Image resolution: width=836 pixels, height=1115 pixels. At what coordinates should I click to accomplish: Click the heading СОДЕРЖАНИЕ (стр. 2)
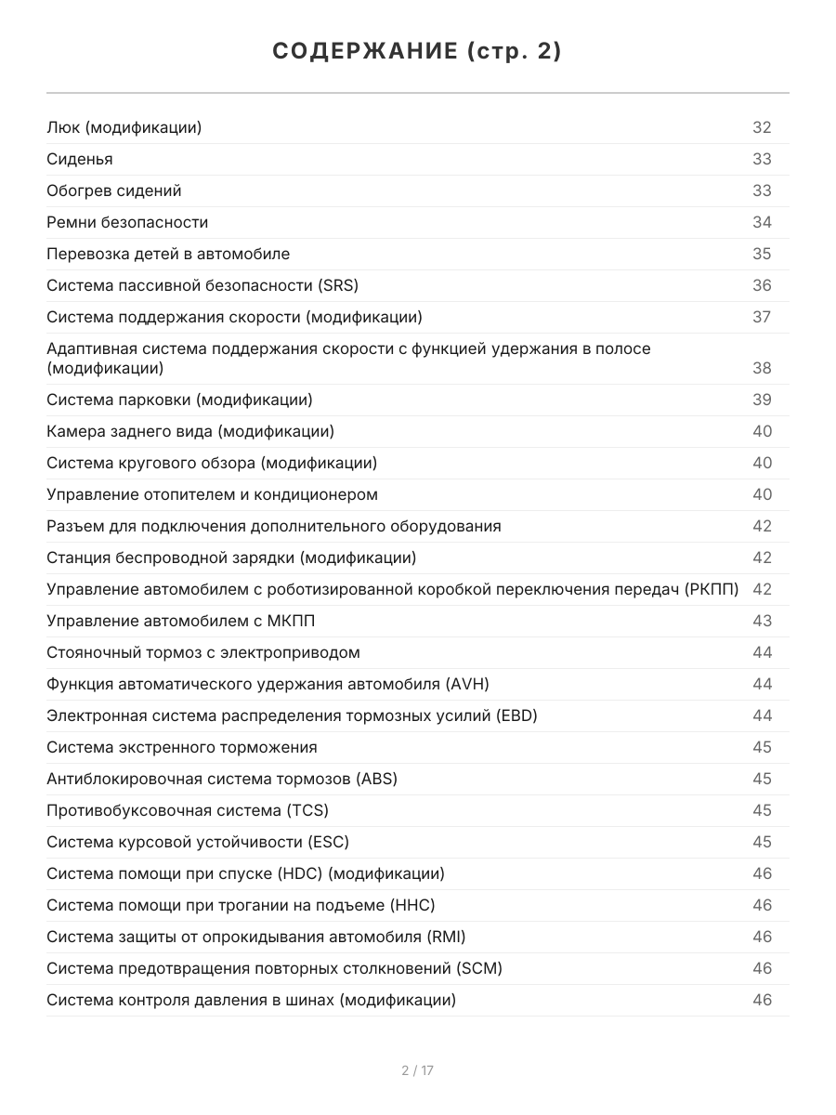(x=417, y=52)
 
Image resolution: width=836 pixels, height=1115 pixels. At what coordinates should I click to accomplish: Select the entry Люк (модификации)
(x=124, y=127)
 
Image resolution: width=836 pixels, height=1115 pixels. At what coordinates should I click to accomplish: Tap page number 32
(x=762, y=127)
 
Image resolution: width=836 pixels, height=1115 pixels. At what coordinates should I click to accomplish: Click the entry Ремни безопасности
(x=127, y=222)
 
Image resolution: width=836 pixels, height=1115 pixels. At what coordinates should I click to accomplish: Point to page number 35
(x=762, y=254)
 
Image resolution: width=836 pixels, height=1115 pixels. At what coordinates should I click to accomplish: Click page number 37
(x=762, y=317)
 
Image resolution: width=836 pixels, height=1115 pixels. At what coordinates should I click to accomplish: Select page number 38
(x=762, y=368)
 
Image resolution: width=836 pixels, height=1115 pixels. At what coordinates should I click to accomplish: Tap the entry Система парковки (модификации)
(x=179, y=400)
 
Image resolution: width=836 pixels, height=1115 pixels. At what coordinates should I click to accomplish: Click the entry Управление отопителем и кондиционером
(x=212, y=494)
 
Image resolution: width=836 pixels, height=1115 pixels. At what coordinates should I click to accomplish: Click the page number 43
(x=762, y=621)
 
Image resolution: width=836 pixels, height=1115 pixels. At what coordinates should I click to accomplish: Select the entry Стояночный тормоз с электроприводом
(x=203, y=652)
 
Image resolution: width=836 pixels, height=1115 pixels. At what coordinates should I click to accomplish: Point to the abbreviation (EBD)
(x=516, y=715)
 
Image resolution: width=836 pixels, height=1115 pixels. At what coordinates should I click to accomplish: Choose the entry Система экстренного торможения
(x=182, y=747)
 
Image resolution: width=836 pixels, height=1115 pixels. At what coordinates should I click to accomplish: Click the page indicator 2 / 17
(x=417, y=1070)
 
